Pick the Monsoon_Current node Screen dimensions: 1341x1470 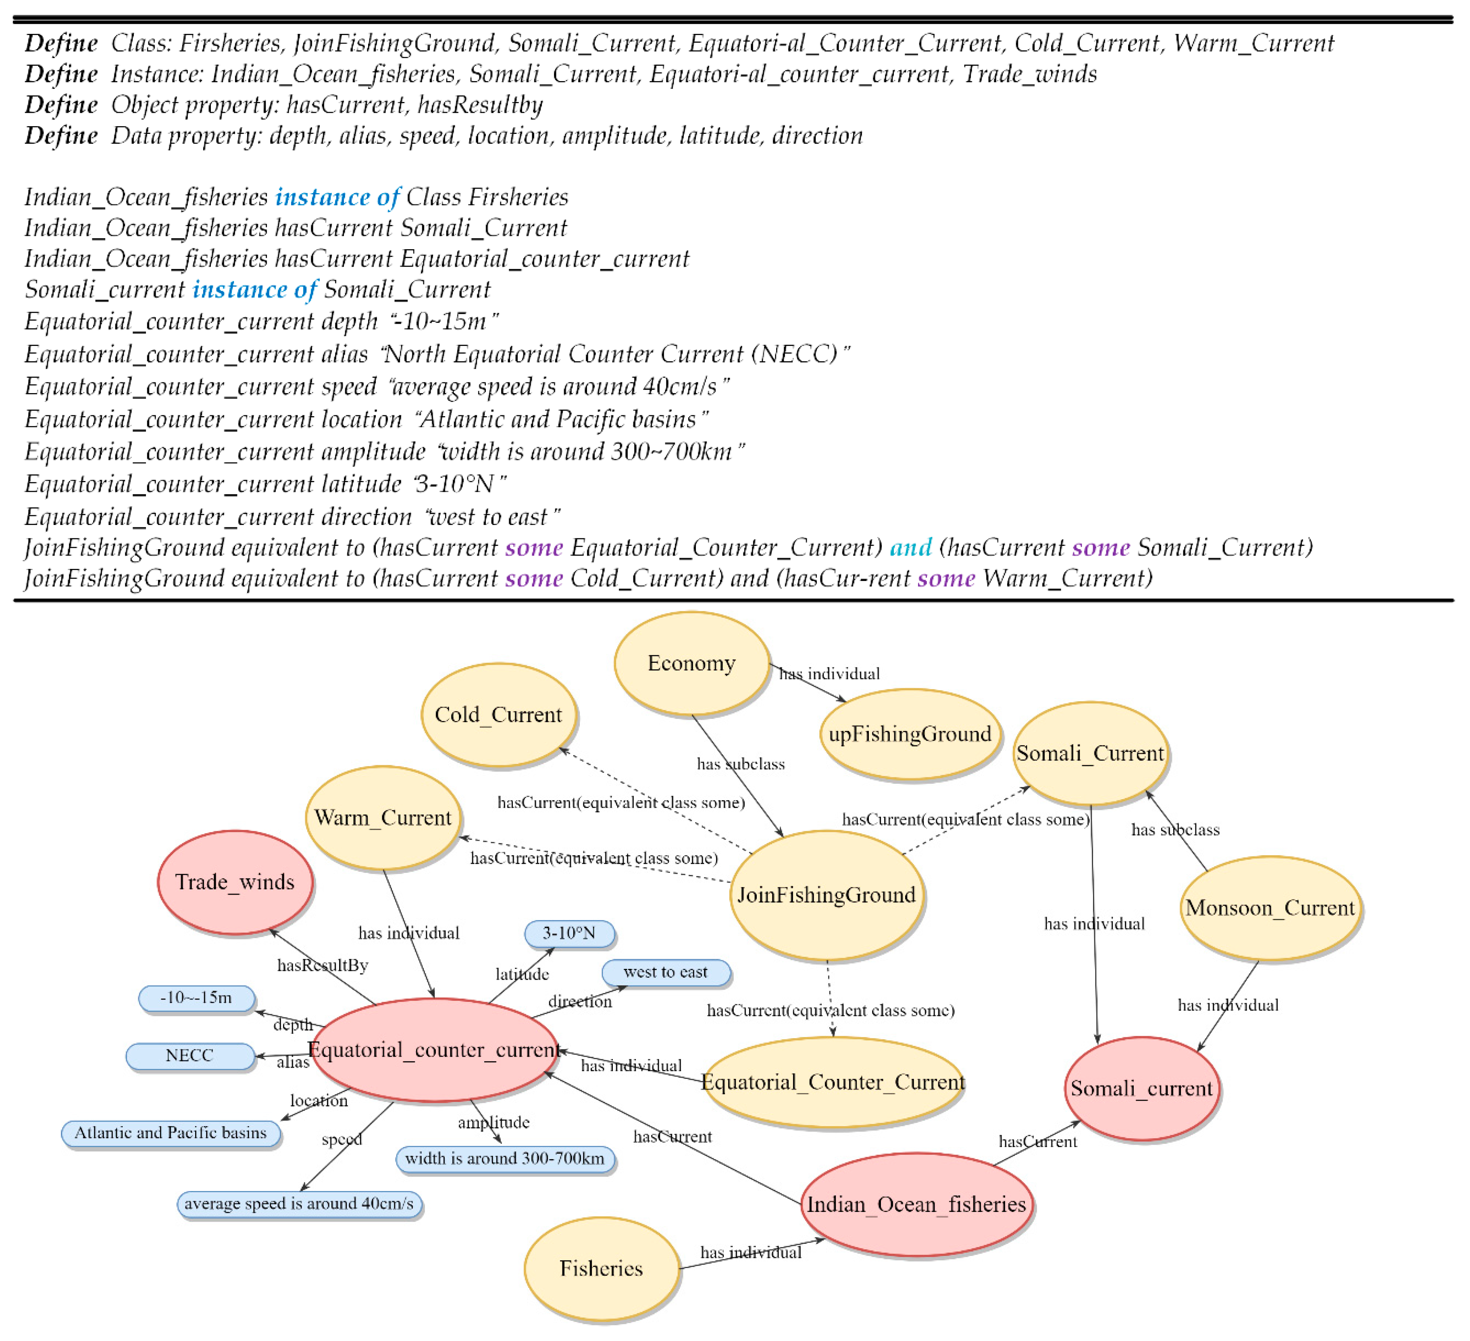coord(1270,908)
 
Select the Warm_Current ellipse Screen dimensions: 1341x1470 coord(383,817)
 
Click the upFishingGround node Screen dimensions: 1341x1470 coord(910,733)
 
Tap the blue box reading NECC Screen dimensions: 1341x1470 coord(189,1055)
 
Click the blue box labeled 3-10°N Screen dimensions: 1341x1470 coord(569,933)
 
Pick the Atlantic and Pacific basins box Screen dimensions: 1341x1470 coord(171,1133)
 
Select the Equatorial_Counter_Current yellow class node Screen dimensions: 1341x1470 coord(833,1082)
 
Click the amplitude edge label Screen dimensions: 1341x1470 coord(493,1122)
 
